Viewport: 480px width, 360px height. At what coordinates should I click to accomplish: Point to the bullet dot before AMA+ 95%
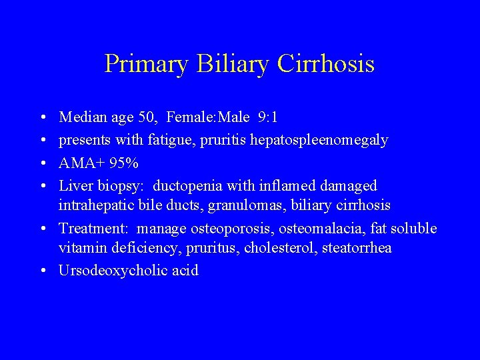pos(43,163)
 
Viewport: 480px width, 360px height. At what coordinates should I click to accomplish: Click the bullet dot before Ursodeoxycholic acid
pos(43,271)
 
